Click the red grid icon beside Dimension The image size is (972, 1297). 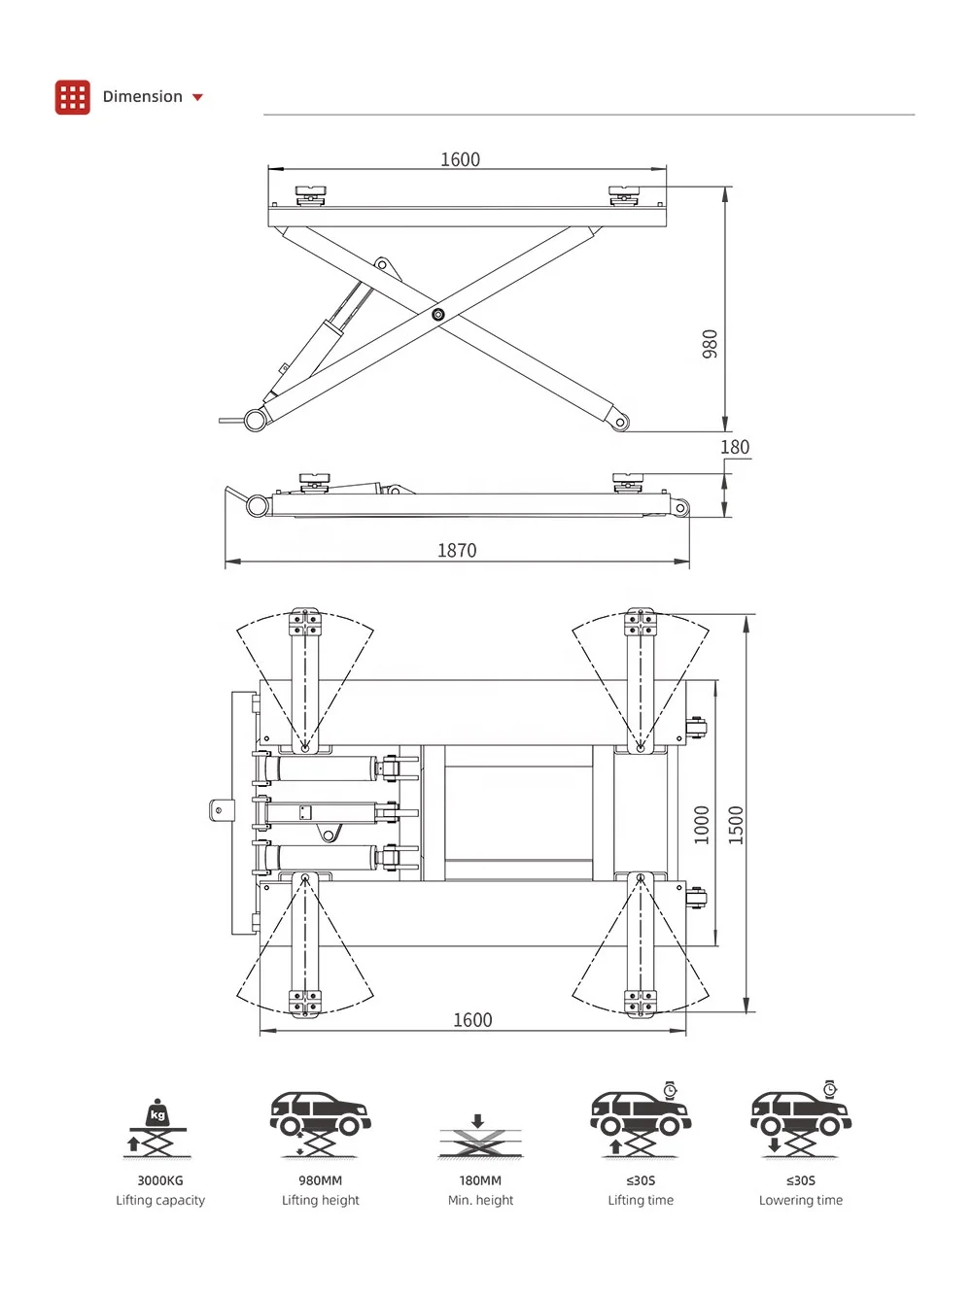(73, 97)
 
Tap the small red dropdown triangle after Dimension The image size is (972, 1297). (198, 97)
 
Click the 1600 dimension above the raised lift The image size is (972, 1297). (460, 159)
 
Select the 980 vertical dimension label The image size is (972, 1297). (710, 344)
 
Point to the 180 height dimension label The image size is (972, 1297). (735, 447)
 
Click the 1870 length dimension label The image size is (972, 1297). (457, 551)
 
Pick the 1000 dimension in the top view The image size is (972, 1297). (702, 825)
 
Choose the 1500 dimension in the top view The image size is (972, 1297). (736, 825)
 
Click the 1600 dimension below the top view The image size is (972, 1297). (472, 1020)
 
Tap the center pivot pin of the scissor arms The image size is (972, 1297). (438, 314)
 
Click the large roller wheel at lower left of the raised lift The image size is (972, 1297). (256, 420)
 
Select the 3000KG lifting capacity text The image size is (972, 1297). (160, 1180)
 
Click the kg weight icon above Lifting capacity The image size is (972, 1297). (157, 1114)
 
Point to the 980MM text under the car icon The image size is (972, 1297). (320, 1180)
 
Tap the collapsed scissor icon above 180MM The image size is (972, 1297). (480, 1139)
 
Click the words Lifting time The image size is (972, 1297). (641, 1201)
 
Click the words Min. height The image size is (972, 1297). (480, 1201)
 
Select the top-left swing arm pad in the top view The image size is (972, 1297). (305, 622)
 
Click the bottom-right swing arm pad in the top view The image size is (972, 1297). (640, 1003)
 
